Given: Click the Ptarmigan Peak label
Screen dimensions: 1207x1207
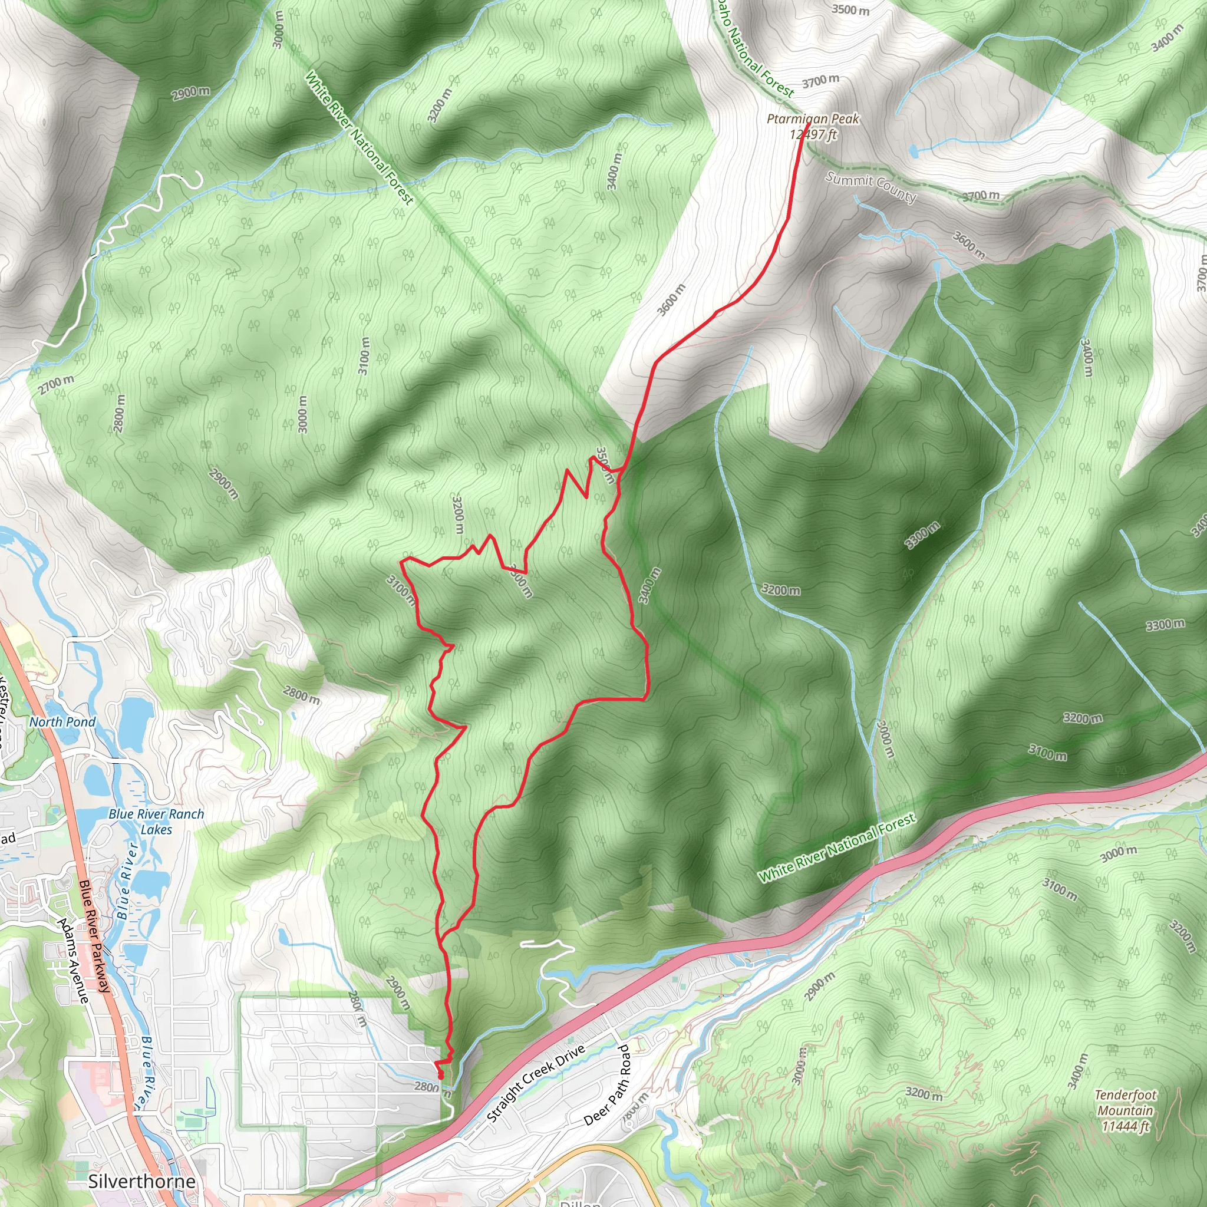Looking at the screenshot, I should click(x=813, y=118).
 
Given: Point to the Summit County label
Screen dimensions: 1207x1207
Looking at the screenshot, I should click(x=870, y=187).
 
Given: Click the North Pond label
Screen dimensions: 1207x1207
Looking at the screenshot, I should click(x=62, y=721).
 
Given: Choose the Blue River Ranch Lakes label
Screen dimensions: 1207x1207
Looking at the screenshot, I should click(x=156, y=822).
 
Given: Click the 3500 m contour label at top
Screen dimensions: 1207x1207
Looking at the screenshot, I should click(x=850, y=10).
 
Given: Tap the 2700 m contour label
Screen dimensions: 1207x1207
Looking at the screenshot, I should click(x=55, y=384).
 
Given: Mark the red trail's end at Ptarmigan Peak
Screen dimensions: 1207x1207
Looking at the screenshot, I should click(x=809, y=126).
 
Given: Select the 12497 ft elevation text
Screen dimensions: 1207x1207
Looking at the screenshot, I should click(x=813, y=134).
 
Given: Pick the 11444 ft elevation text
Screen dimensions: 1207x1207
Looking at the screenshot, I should click(x=1125, y=1126).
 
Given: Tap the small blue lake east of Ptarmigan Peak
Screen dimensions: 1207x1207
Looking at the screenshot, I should click(x=914, y=150).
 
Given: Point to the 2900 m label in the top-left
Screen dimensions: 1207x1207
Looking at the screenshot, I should click(x=190, y=93).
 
